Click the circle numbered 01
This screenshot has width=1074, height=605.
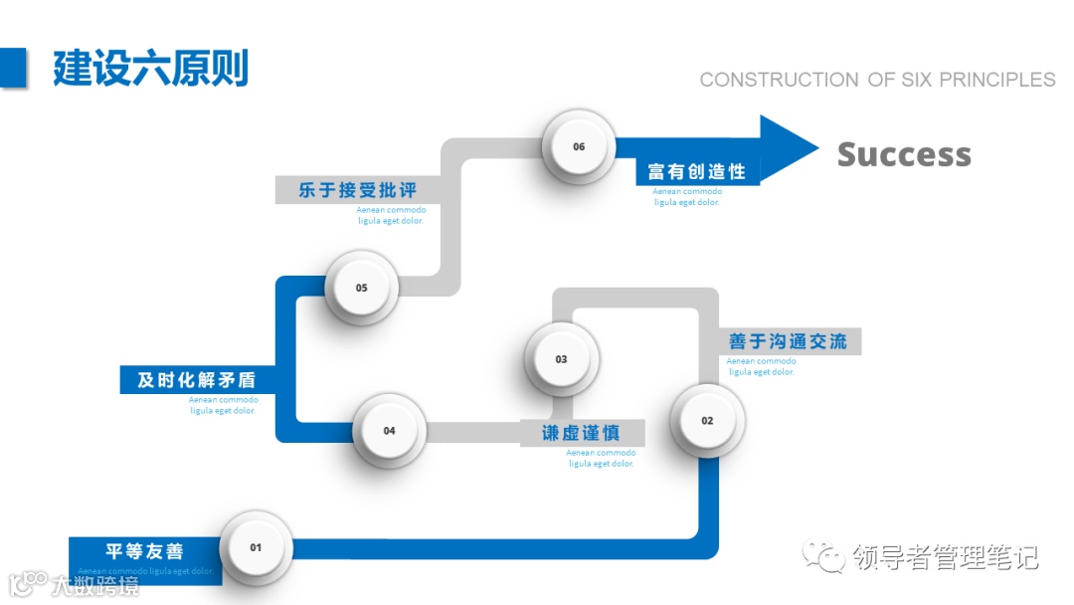click(256, 547)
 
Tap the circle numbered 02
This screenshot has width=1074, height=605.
click(707, 420)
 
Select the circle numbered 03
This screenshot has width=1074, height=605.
click(562, 359)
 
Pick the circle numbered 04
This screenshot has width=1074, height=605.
click(389, 431)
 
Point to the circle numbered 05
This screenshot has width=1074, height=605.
click(362, 288)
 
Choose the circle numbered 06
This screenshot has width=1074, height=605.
click(579, 146)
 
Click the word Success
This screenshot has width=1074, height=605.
click(904, 154)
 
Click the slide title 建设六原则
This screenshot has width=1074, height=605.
click(150, 68)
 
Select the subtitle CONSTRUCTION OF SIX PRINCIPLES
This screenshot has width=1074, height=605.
click(877, 80)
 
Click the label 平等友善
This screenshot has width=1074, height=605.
click(145, 551)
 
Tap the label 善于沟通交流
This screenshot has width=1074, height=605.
click(788, 341)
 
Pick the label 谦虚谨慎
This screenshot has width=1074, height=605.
click(582, 433)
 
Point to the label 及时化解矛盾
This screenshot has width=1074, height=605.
click(196, 379)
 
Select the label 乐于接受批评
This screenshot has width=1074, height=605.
click(357, 189)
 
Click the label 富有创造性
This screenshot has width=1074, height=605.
click(696, 171)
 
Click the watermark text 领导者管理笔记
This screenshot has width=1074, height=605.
click(945, 557)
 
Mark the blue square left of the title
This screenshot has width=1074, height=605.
click(12, 68)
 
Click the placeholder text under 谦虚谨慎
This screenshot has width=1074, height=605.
click(602, 458)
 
